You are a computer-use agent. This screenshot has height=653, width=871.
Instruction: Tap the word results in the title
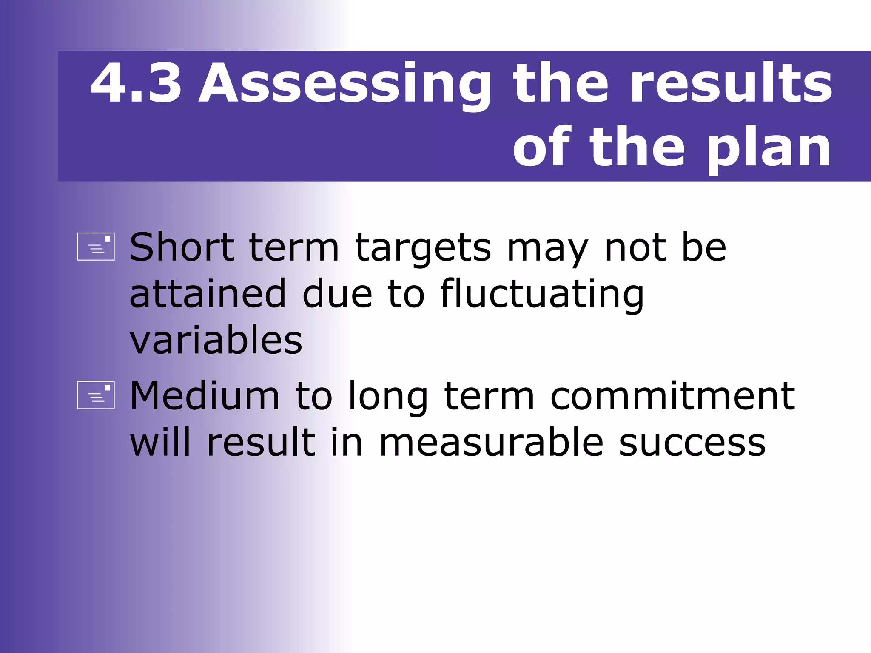tap(731, 83)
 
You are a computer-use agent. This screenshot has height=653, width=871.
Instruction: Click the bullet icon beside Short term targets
tap(96, 247)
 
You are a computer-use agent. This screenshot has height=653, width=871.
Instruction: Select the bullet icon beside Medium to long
tap(96, 395)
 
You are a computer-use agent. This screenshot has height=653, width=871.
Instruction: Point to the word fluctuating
tap(542, 294)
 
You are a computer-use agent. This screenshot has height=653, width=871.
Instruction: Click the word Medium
tap(205, 396)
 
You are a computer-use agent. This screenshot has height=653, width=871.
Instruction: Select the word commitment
tap(672, 396)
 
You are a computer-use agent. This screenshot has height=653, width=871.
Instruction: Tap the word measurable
tap(491, 443)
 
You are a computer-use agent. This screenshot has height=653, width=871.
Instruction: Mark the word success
tap(692, 443)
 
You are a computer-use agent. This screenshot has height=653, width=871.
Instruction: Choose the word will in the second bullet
tap(160, 443)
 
